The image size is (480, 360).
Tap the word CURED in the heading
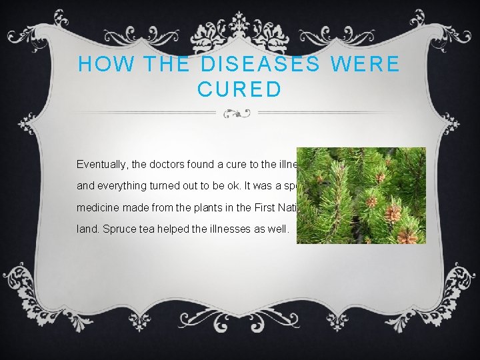[x=239, y=89]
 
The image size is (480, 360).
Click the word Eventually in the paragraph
[x=101, y=163]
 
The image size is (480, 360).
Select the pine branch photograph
[x=360, y=195]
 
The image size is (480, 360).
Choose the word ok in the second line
[x=225, y=187]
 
